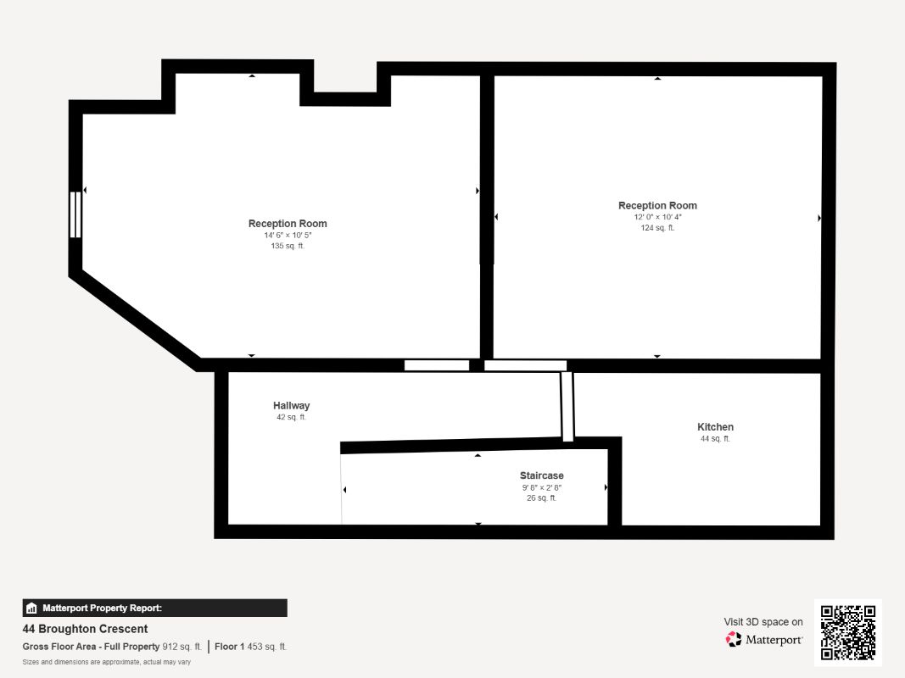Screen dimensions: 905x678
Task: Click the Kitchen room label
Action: (715, 427)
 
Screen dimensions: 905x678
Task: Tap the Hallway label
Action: (292, 406)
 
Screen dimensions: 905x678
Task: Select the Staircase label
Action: (541, 475)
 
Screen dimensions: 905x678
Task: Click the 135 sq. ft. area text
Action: (288, 246)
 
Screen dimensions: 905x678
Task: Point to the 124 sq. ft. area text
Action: (657, 228)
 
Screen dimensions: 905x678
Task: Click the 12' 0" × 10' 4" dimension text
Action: (657, 217)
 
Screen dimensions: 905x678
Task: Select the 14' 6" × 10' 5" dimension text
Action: (288, 236)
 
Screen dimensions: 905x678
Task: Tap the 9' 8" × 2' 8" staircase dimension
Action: (541, 488)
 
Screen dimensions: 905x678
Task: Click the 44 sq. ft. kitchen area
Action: (715, 439)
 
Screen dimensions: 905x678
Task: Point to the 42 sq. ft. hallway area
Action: (292, 418)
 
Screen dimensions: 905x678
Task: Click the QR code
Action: (848, 632)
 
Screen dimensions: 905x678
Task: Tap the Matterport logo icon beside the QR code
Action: (734, 639)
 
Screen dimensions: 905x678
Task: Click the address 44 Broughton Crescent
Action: (85, 629)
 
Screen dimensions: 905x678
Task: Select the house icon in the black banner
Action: (31, 609)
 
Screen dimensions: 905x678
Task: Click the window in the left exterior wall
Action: (75, 214)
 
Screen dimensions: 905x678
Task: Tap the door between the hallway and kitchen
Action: (567, 407)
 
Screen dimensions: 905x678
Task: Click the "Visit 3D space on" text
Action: (763, 622)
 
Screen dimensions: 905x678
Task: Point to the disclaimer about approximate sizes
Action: (107, 662)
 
